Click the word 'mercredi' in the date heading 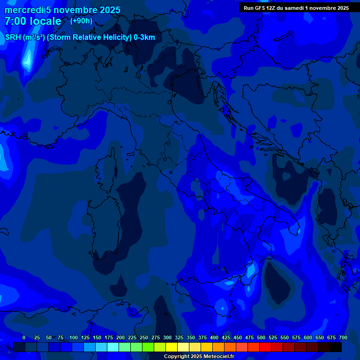tap(24, 10)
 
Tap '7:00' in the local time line tap(15, 22)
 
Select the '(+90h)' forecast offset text tap(81, 21)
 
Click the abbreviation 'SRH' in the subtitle tap(13, 37)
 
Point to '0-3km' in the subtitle tap(144, 37)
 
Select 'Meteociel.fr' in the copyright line tap(215, 357)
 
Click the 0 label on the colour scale tap(24, 337)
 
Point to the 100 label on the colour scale tap(74, 337)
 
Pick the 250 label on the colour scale tap(144, 337)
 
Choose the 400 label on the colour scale tap(214, 337)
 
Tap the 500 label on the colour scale tap(261, 337)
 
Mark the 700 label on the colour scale tap(343, 337)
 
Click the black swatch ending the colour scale tap(336, 347)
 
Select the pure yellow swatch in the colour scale tap(172, 347)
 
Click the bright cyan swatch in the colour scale tap(113, 347)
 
